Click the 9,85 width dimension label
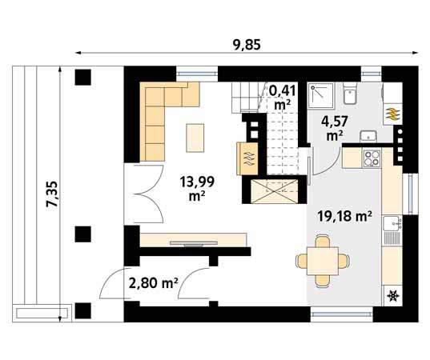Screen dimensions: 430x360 click(x=247, y=44)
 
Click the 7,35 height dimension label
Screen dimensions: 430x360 click(x=51, y=194)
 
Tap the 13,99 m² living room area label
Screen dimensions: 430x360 click(x=197, y=188)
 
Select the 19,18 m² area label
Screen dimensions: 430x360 click(x=344, y=216)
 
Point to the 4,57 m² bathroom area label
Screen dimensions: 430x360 click(x=335, y=128)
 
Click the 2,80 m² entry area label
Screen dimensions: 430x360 click(x=153, y=282)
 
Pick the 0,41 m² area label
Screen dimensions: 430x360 click(x=283, y=98)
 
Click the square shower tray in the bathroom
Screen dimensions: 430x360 click(x=321, y=96)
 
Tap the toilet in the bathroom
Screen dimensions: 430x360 click(x=350, y=93)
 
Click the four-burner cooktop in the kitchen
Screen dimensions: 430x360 click(x=372, y=158)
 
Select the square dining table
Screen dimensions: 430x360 click(x=322, y=261)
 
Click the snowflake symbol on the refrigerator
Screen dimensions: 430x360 click(x=392, y=296)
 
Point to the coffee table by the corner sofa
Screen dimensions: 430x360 click(x=195, y=138)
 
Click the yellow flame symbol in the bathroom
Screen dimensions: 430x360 click(x=392, y=114)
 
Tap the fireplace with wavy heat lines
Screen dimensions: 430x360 click(x=247, y=158)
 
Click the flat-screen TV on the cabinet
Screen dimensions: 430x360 click(x=194, y=243)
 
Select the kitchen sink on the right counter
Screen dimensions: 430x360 click(x=392, y=223)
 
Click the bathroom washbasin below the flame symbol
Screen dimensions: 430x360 click(x=368, y=136)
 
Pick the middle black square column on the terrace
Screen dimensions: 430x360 click(x=82, y=234)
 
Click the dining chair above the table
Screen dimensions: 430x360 click(x=322, y=241)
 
